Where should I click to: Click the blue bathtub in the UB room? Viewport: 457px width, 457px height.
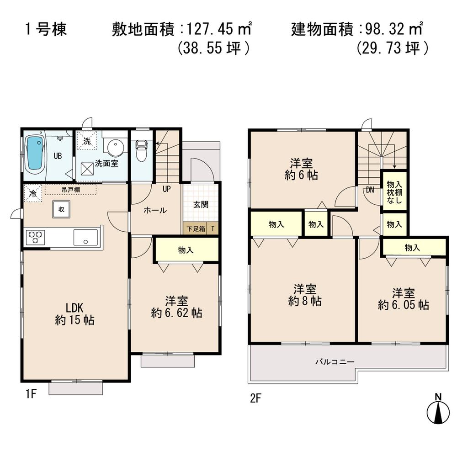click(35, 154)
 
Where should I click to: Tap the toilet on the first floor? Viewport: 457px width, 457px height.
click(141, 150)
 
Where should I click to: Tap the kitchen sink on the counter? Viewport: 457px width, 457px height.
click(85, 237)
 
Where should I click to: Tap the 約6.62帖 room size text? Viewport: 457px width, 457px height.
click(177, 313)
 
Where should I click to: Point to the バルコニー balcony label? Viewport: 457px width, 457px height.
click(335, 361)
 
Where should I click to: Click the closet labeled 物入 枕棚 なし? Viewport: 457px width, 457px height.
click(394, 190)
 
